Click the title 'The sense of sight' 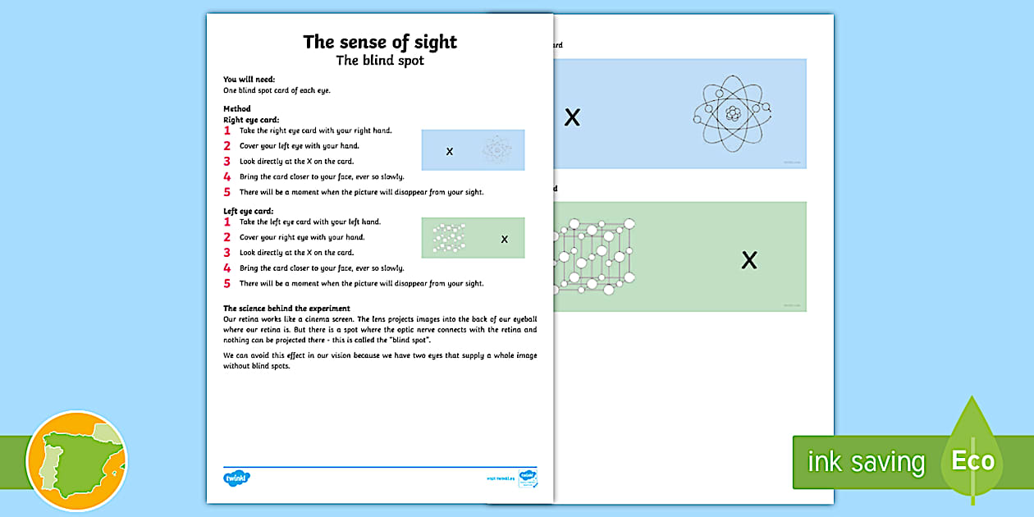(380, 42)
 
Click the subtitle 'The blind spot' (380, 61)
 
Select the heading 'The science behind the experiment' (286, 309)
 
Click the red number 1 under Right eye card (227, 130)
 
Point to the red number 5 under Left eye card (227, 284)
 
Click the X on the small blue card (449, 151)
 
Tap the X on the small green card (504, 240)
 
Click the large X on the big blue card (572, 117)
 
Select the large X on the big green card (748, 261)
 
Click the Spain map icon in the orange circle (77, 461)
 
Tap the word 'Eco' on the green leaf (972, 460)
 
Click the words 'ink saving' (865, 462)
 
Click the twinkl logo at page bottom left (236, 477)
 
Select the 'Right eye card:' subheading (251, 120)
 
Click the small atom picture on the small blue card (496, 149)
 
